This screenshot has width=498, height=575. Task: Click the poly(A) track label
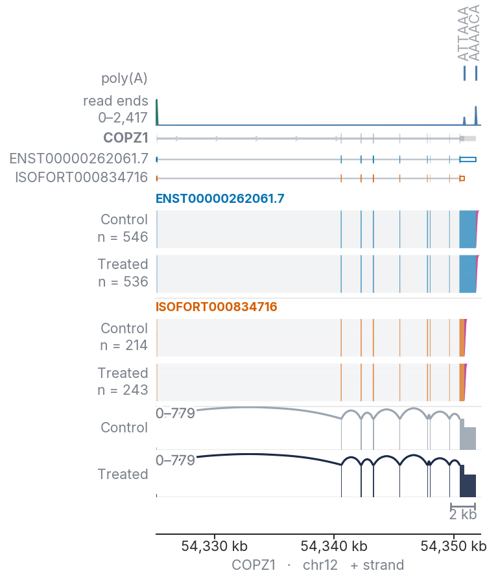point(124,78)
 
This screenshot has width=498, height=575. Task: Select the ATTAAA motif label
point(464,33)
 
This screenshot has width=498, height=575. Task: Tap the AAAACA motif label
point(474,32)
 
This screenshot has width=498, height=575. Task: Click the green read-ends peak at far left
point(157,112)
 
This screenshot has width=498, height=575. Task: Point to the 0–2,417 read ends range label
point(123,118)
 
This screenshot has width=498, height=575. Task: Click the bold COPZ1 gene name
point(126,138)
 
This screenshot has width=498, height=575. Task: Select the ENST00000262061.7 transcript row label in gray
point(79,158)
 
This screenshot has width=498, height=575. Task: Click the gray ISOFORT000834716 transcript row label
point(82,178)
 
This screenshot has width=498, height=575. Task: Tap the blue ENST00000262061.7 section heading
point(220,198)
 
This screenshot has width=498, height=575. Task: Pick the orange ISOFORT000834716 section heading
point(217,307)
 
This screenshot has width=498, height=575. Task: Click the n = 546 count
point(123,237)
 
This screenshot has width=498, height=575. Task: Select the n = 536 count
point(123,282)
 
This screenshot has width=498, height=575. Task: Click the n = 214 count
point(124,346)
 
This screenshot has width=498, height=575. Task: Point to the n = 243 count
point(123,390)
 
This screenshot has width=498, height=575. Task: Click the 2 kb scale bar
point(463,506)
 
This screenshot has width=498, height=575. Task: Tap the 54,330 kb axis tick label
point(215,546)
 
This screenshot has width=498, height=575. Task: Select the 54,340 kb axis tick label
point(334,546)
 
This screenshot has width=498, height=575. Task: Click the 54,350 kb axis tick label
point(454,546)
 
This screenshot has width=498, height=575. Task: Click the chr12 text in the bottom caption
point(320,565)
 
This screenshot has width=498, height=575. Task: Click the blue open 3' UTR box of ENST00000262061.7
point(468,159)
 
